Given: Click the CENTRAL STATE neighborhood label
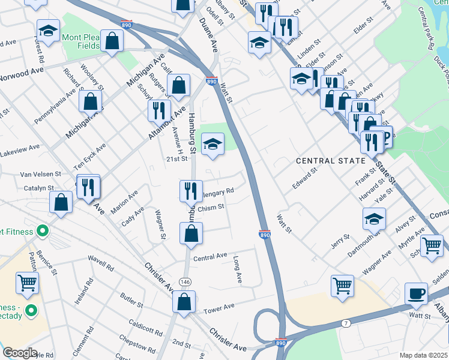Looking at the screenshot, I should click(x=330, y=161).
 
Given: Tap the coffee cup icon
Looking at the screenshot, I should click(x=415, y=293).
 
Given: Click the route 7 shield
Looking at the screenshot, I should click(x=346, y=324).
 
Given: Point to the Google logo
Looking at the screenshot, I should click(x=20, y=353).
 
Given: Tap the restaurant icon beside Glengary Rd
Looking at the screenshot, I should click(x=191, y=190).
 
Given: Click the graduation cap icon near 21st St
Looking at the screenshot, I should click(x=212, y=144).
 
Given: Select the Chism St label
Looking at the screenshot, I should click(x=211, y=207).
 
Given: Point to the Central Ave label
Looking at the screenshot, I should click(x=210, y=256).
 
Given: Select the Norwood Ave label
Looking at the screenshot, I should click(x=22, y=73).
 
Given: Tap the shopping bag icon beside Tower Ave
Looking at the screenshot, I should click(x=184, y=302).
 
